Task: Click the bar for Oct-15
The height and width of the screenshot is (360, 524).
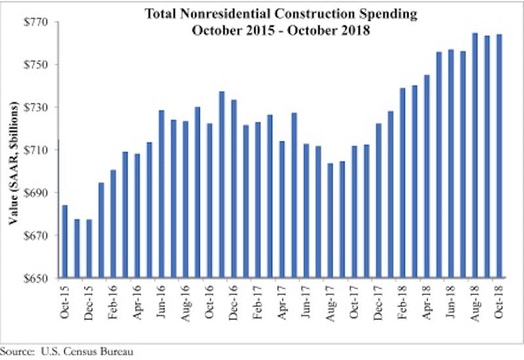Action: pyautogui.click(x=64, y=242)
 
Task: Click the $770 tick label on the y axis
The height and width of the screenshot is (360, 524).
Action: pyautogui.click(x=35, y=22)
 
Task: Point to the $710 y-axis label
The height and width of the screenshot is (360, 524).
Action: pyautogui.click(x=35, y=150)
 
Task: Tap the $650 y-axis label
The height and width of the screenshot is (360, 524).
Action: pyautogui.click(x=35, y=278)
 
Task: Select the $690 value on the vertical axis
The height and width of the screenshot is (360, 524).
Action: pyautogui.click(x=35, y=192)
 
